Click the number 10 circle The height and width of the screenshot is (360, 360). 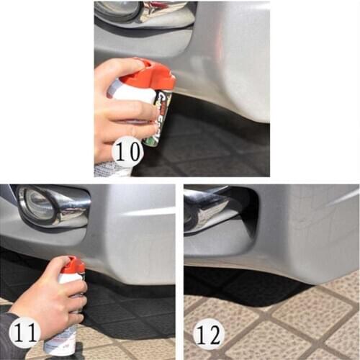coord(128,153)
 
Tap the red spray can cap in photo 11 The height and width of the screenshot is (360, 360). coord(73,266)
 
